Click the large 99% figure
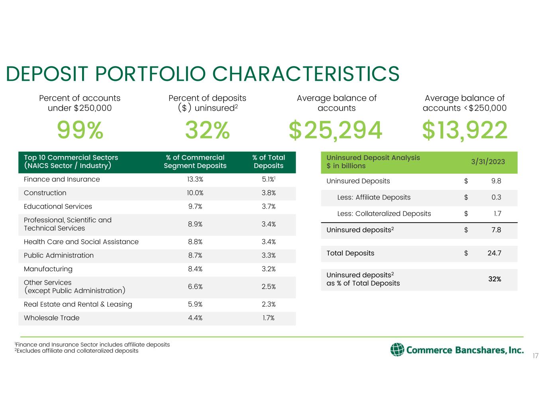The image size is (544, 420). click(x=80, y=131)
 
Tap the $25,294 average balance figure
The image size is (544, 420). click(x=336, y=131)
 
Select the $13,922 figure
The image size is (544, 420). click(x=465, y=131)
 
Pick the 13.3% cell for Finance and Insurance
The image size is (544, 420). click(x=195, y=179)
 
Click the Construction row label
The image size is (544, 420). click(x=45, y=193)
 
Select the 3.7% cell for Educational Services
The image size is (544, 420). click(x=269, y=206)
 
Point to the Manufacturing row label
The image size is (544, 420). click(x=48, y=269)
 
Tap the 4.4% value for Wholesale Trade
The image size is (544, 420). click(x=195, y=318)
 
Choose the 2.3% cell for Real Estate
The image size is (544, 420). click(x=269, y=304)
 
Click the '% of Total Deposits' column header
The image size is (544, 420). click(x=269, y=162)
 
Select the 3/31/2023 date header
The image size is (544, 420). click(x=488, y=162)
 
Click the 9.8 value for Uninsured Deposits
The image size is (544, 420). click(x=496, y=181)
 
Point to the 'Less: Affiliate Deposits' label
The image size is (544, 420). click(x=373, y=197)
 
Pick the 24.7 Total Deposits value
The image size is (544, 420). click(x=494, y=253)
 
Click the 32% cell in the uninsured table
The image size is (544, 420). click(x=495, y=279)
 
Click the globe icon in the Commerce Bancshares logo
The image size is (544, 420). click(x=397, y=350)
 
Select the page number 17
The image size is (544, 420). click(x=535, y=356)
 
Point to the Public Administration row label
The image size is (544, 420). click(x=59, y=255)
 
